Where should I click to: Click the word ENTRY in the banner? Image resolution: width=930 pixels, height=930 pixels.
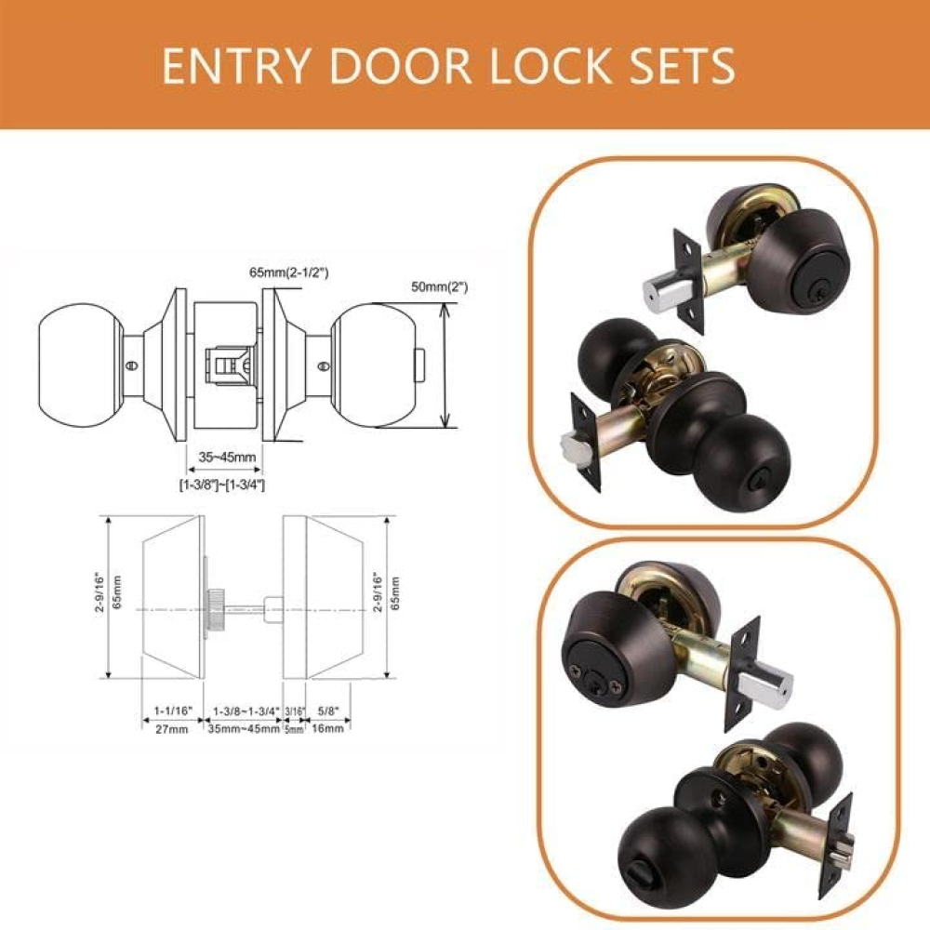235,65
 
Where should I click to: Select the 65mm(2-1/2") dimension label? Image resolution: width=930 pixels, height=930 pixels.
289,272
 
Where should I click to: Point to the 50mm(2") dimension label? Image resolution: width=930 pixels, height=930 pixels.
440,287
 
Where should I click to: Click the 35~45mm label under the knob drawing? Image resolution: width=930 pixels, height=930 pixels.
227,457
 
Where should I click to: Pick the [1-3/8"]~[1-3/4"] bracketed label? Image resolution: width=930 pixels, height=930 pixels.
222,485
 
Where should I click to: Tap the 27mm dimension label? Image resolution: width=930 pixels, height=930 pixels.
171,729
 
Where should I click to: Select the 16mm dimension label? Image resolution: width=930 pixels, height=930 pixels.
327,728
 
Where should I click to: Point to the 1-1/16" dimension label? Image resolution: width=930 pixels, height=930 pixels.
174,711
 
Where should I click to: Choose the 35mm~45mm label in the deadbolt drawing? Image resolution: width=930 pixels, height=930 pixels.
244,728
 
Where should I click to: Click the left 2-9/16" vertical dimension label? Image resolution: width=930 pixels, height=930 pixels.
100,593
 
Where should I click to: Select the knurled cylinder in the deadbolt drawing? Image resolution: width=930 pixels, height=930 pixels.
214,607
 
